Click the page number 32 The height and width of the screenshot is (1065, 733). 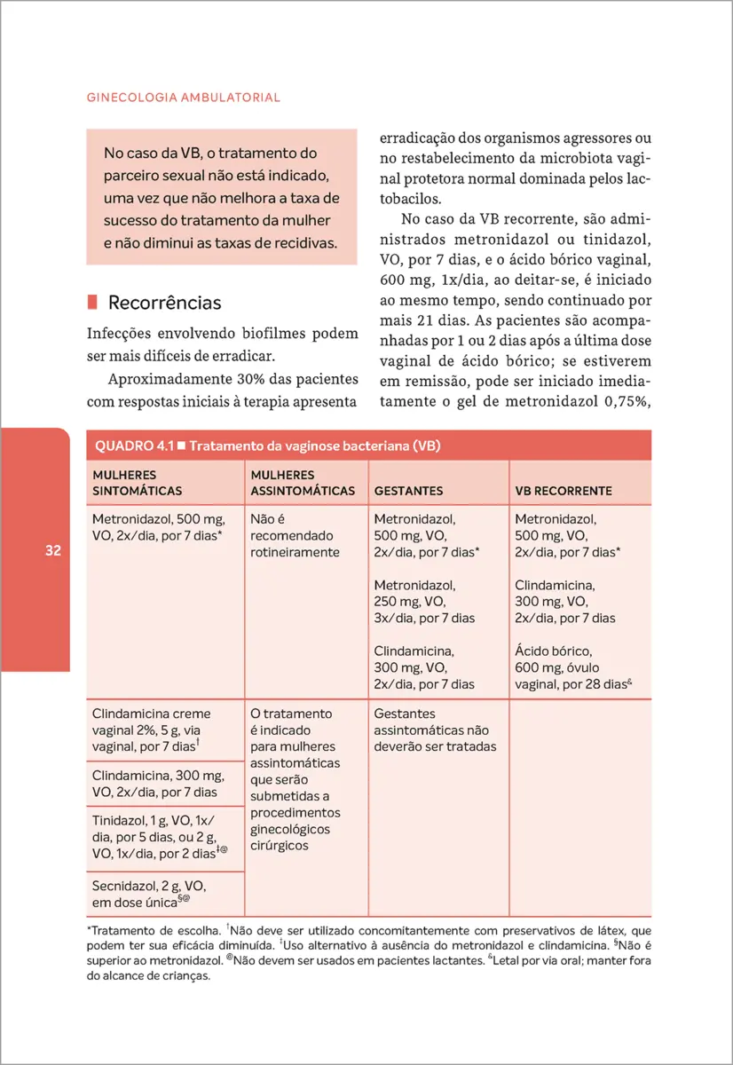pyautogui.click(x=52, y=551)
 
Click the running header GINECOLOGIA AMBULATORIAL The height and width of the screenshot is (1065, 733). pyautogui.click(x=184, y=98)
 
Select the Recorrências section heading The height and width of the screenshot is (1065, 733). pyautogui.click(x=164, y=303)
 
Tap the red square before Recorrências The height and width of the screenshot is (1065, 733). pyautogui.click(x=92, y=303)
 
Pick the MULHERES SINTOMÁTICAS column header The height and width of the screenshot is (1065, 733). pyautogui.click(x=138, y=483)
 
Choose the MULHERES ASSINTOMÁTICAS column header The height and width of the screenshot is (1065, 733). pyautogui.click(x=302, y=483)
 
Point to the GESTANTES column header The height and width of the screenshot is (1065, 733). pyautogui.click(x=408, y=490)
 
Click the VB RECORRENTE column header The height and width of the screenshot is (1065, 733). pyautogui.click(x=564, y=490)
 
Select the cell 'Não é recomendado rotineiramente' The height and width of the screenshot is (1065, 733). pyautogui.click(x=296, y=535)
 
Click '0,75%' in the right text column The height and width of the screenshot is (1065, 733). pyautogui.click(x=624, y=401)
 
